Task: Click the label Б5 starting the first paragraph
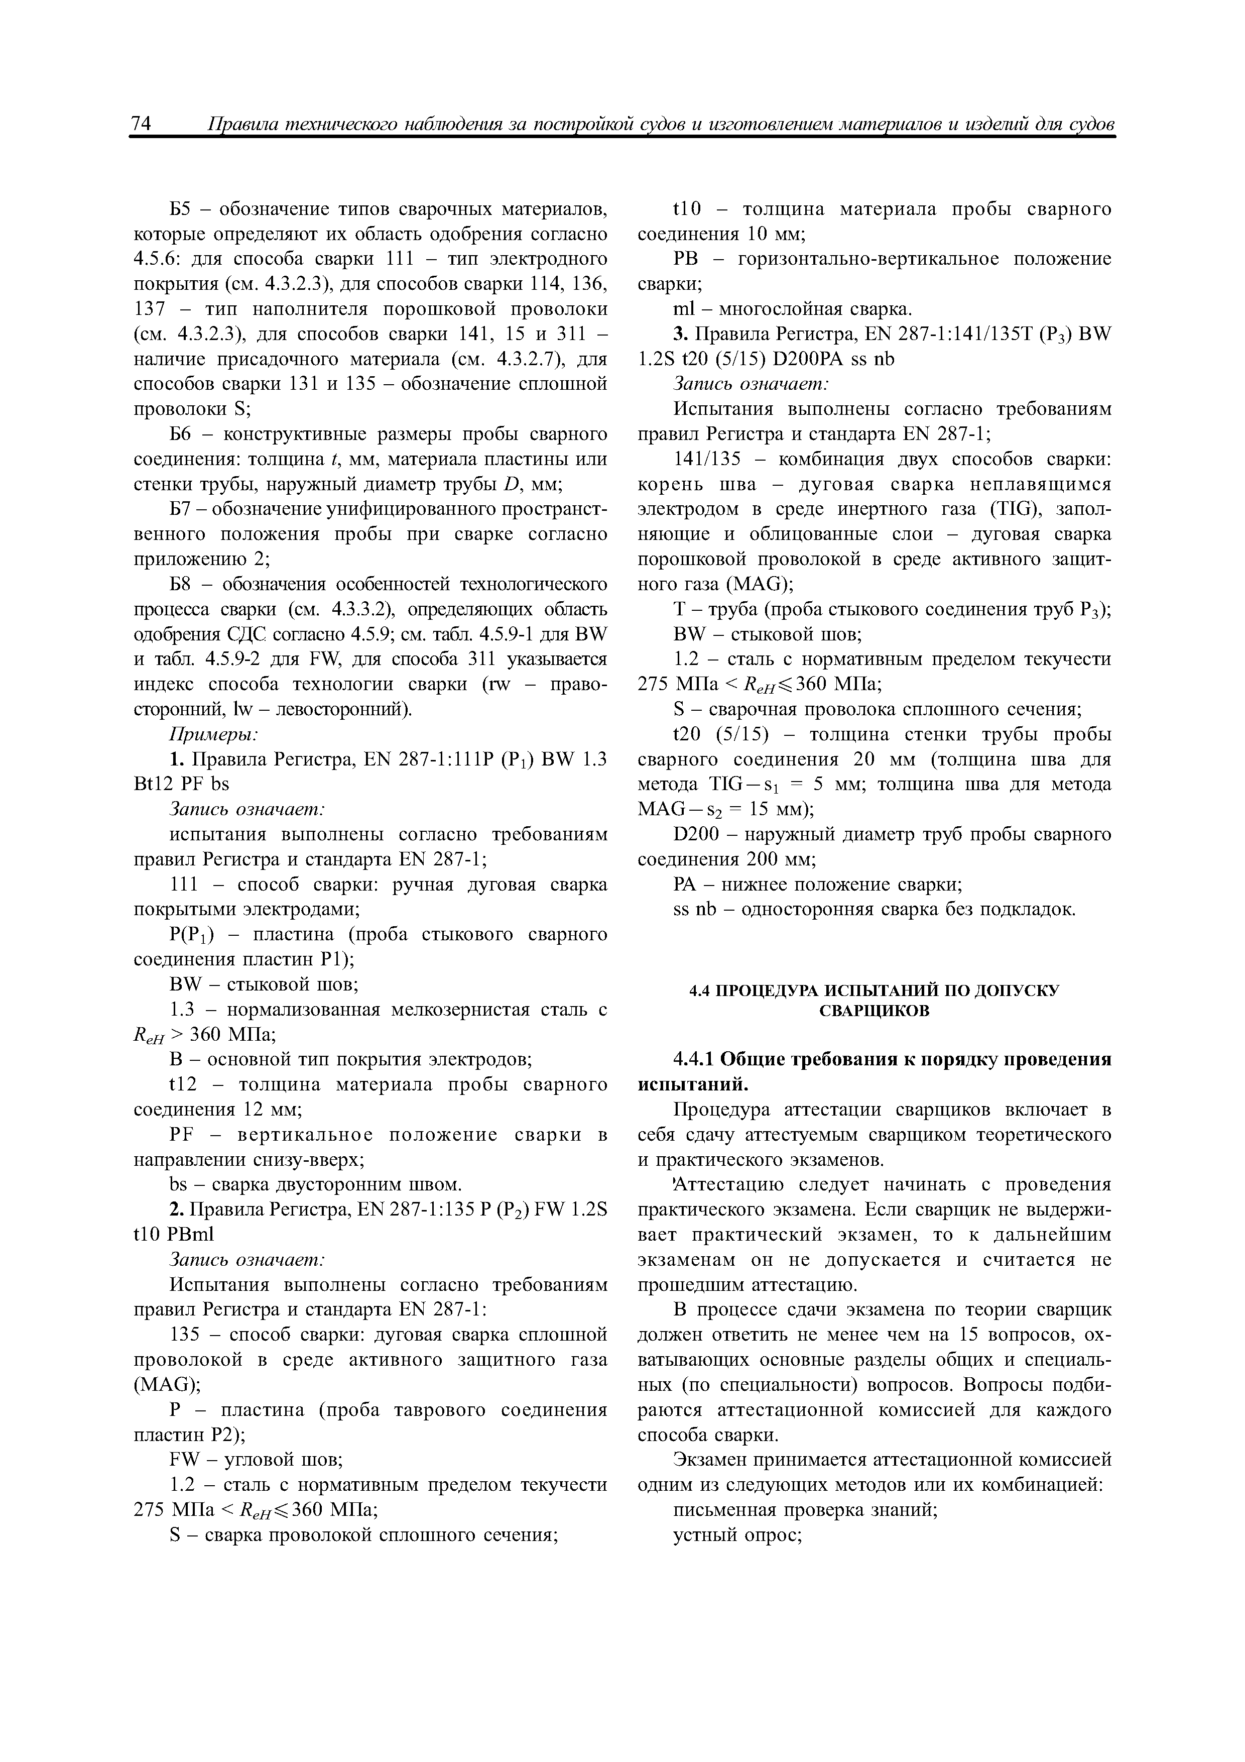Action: tap(181, 209)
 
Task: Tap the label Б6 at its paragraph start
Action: tap(181, 434)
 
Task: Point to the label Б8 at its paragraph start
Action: tap(181, 584)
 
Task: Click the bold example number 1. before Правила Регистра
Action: tap(176, 760)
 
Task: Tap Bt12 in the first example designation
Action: tap(153, 784)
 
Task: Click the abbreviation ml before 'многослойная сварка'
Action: tap(683, 309)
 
